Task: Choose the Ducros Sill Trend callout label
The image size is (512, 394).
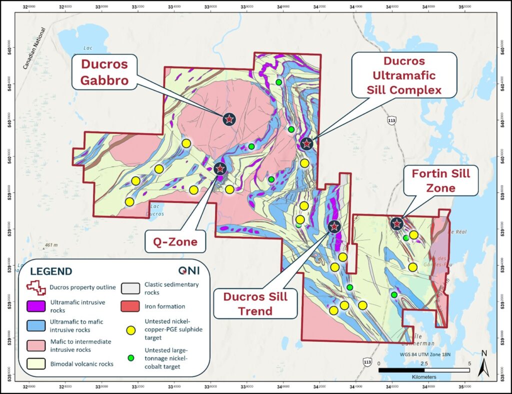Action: pos(255,303)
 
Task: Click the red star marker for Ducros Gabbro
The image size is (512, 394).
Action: pos(229,119)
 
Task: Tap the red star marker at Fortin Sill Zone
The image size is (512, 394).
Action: pos(396,223)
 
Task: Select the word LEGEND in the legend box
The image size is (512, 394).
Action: pos(51,271)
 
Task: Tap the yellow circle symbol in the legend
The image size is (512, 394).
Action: pos(131,330)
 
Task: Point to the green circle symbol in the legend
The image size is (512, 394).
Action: pos(131,357)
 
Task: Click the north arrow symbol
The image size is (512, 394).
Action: pos(483,363)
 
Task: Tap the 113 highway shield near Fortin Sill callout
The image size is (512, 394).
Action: pos(391,120)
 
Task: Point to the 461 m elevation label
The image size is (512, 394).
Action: pos(51,245)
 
